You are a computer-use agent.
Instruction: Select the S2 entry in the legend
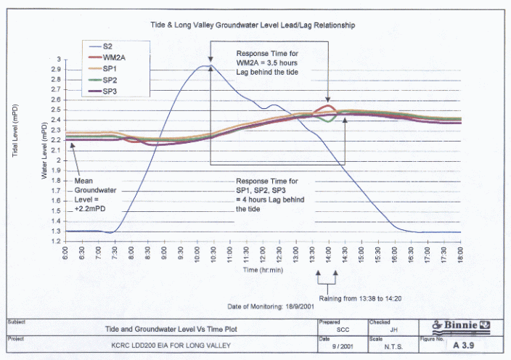[108, 46]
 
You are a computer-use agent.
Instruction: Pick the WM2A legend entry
[113, 57]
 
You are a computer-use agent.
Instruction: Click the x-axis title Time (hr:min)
[262, 269]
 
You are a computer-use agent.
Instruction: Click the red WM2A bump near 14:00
[329, 107]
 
